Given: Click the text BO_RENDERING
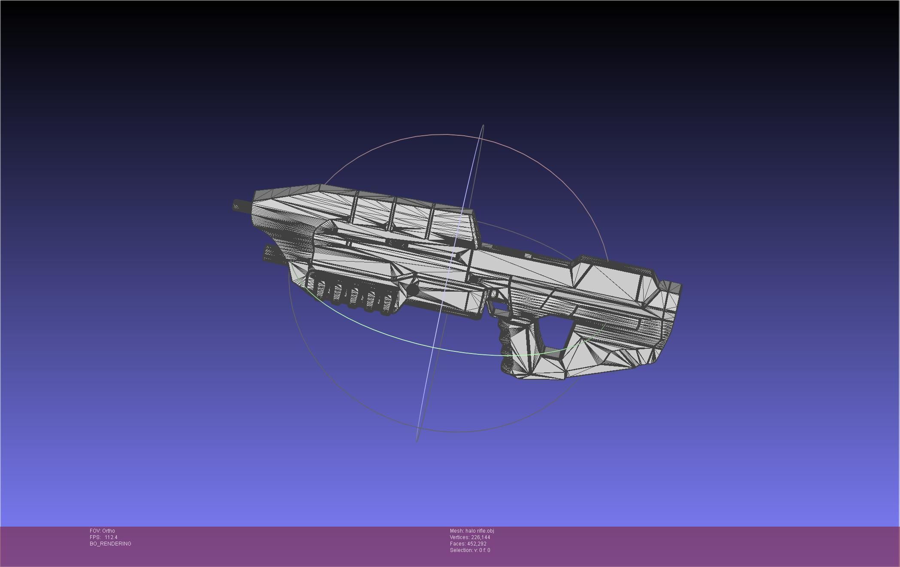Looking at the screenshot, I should [110, 543].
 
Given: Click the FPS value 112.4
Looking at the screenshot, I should [111, 537].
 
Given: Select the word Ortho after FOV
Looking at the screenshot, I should [109, 530].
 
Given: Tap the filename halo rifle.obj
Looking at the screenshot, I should [479, 530].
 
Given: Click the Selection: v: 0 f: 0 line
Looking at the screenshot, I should [470, 550].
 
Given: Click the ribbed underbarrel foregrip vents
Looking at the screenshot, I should [352, 294].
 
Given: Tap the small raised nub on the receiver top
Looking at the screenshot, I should [528, 256].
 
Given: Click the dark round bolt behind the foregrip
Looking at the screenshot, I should [412, 290].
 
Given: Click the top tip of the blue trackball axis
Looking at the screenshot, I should [483, 126].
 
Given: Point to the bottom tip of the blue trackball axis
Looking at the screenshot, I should [417, 440].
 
